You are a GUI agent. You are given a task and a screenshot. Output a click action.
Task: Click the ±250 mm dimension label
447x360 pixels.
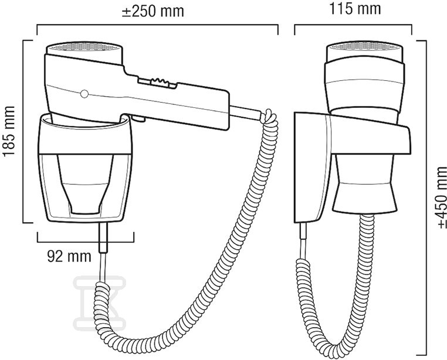click(153, 11)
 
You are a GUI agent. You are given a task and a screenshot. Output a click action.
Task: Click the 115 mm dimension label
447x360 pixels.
click(355, 9)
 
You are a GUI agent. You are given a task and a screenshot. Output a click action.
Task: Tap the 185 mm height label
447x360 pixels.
click(9, 131)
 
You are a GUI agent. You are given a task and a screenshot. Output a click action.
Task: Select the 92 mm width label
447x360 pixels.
click(69, 257)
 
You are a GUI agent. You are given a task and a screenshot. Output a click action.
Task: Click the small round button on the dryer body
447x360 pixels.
click(84, 94)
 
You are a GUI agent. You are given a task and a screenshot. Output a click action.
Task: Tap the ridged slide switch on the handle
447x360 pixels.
click(160, 82)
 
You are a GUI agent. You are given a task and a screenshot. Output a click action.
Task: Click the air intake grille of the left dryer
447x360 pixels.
click(85, 47)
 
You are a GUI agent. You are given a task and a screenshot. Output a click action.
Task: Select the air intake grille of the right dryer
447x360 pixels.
click(364, 46)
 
